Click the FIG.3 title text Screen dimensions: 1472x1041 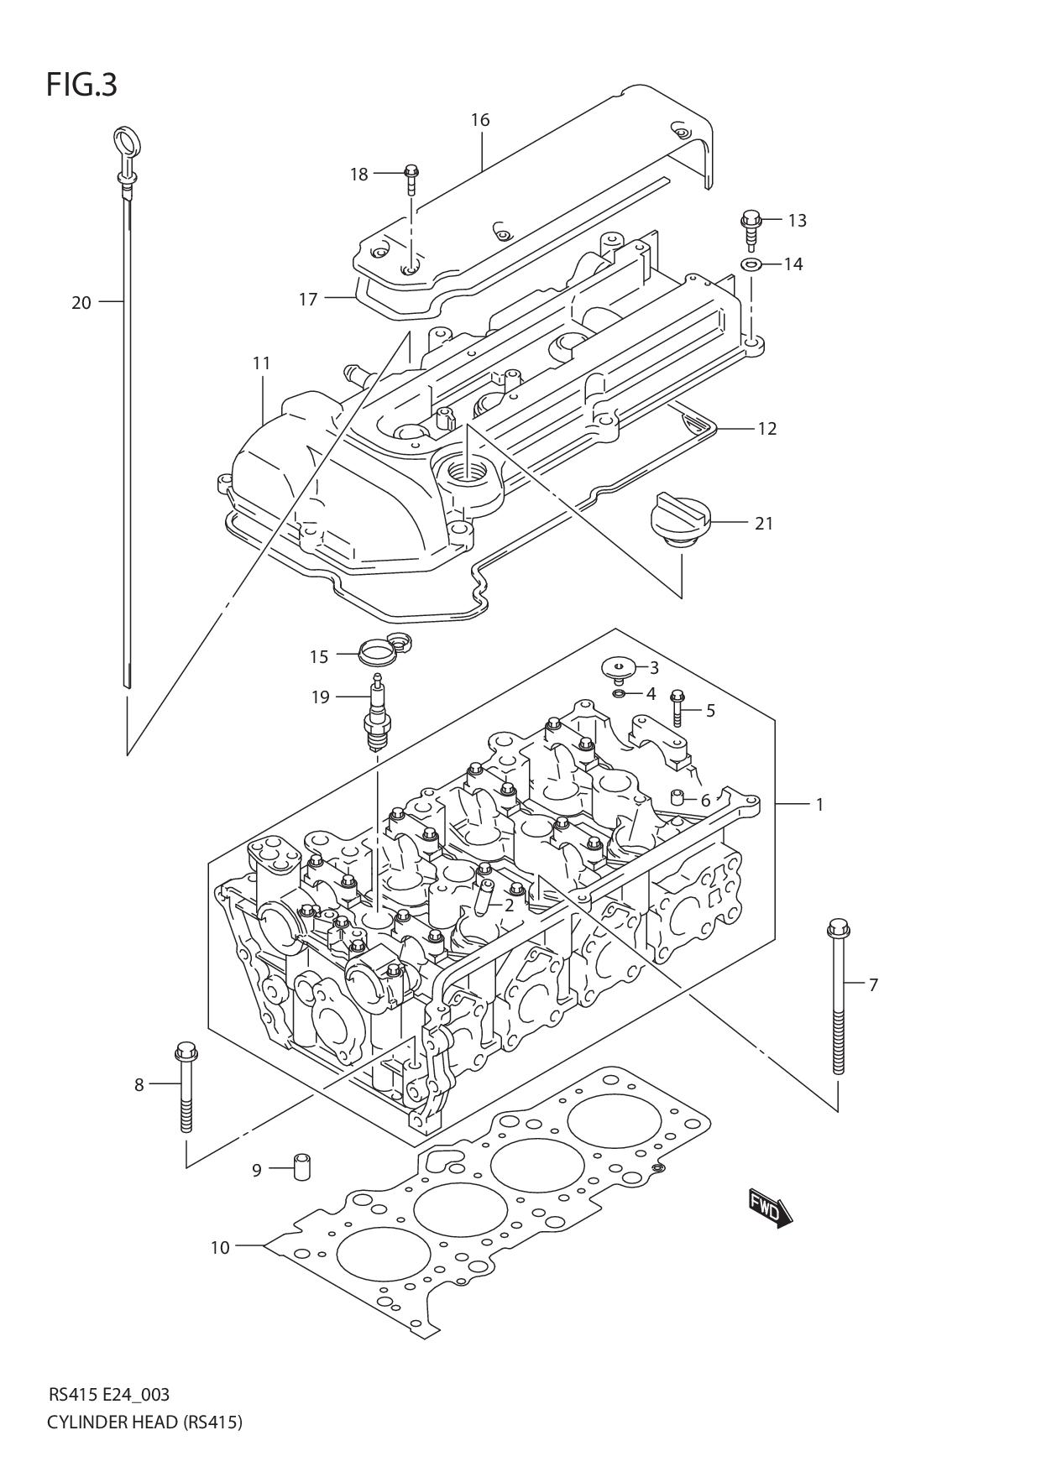pos(81,86)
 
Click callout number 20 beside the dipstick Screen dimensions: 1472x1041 pos(81,303)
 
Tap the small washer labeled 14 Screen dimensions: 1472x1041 pos(751,265)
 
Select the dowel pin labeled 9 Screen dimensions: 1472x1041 pos(301,1167)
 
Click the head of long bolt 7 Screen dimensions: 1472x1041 pos(838,928)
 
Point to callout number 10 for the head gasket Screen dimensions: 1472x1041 pos(219,1248)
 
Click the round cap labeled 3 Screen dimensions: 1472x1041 pos(619,669)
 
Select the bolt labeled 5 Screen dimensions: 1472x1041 pos(678,707)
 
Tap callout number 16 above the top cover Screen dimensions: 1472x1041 pos(479,120)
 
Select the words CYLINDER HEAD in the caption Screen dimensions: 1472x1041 pos(111,1422)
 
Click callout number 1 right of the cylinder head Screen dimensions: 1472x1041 pos(819,805)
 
